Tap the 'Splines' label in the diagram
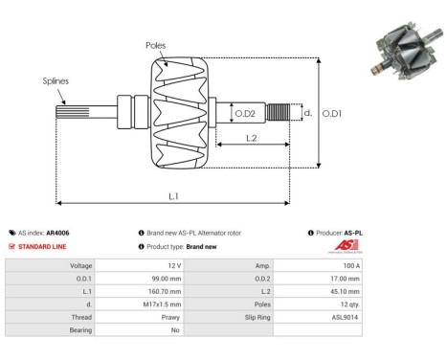pyautogui.click(x=55, y=81)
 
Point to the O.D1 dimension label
pyautogui.click(x=332, y=113)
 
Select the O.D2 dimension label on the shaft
pyautogui.click(x=246, y=114)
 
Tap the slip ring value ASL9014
pyautogui.click(x=345, y=315)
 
